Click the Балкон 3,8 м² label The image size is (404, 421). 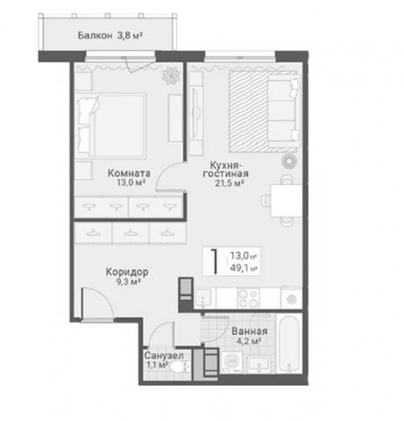tap(110, 36)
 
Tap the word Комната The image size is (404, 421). tap(129, 173)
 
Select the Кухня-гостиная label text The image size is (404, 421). tap(226, 169)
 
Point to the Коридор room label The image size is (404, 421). tap(127, 272)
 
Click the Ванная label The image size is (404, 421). tap(250, 332)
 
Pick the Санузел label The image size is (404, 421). tap(164, 356)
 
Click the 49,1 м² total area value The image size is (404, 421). tap(244, 268)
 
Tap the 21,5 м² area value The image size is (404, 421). tap(230, 183)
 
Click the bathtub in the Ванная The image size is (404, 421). tap(288, 344)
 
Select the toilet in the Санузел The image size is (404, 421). tap(178, 367)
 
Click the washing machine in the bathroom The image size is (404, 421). tap(231, 362)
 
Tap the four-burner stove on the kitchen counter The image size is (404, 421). tap(249, 298)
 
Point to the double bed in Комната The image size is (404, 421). tap(111, 126)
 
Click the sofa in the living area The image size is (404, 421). tap(284, 111)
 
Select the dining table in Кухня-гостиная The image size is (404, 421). tap(287, 201)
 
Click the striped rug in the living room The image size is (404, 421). tap(249, 111)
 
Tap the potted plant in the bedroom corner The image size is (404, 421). tap(171, 75)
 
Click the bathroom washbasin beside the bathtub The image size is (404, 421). tap(259, 365)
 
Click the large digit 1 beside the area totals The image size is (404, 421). tap(215, 261)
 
